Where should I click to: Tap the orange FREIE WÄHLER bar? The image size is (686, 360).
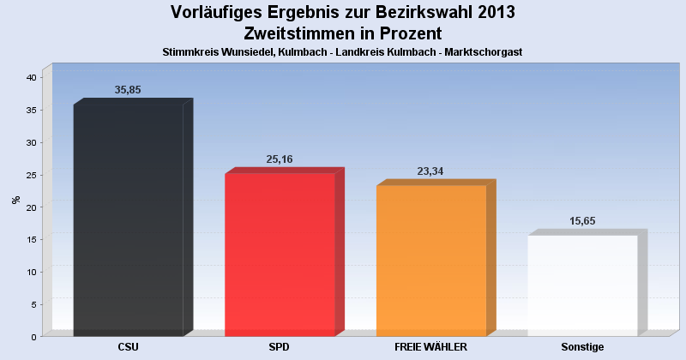click(431, 261)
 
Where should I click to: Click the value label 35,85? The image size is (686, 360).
click(129, 90)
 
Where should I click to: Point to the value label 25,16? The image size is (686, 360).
click(280, 159)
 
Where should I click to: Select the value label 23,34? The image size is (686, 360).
click(431, 171)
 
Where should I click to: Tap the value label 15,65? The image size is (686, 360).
click(582, 220)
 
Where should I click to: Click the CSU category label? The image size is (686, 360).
click(129, 347)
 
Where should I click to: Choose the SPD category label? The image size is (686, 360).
click(280, 347)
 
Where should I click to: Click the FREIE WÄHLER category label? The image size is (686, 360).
click(430, 347)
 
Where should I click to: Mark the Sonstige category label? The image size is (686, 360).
click(582, 347)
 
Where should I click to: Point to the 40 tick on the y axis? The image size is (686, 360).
click(30, 77)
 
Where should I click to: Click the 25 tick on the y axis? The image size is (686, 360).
click(30, 175)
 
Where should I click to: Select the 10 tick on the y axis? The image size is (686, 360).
click(30, 272)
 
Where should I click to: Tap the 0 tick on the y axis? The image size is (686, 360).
click(33, 337)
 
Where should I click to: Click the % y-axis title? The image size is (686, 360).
click(15, 200)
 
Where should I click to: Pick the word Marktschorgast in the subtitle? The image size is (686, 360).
click(484, 52)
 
